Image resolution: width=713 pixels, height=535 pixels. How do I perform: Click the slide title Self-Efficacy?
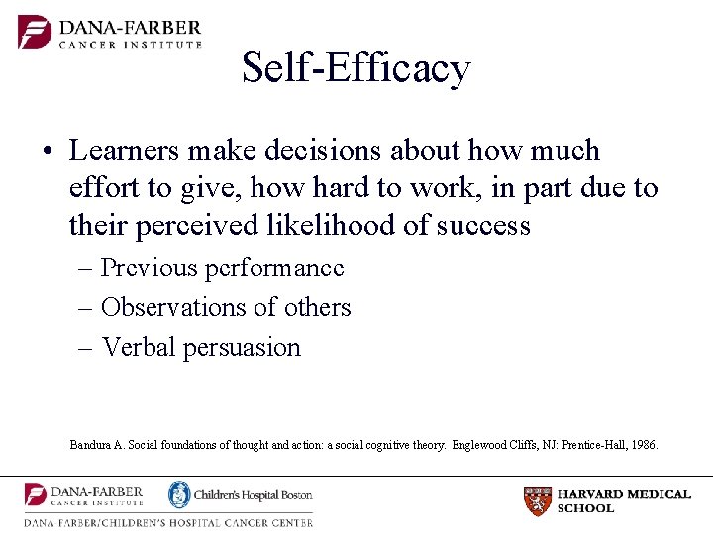pos(356,68)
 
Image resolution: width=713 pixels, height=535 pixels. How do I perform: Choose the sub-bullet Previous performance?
pos(222,268)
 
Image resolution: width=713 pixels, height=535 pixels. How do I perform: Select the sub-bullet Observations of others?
pos(226,308)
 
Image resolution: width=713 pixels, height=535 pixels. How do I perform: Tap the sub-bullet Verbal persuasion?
pos(201,348)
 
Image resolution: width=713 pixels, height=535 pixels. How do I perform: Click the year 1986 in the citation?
pos(640,445)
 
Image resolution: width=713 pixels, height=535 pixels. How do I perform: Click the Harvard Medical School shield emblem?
pos(537,501)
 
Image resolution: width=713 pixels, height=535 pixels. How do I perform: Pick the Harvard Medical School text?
pos(624,501)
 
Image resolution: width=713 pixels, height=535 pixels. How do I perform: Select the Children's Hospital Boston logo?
pos(241,494)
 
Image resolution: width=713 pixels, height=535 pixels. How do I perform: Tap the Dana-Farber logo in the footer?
pos(84,495)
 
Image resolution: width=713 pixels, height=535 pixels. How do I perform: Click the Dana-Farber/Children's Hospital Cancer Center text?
pos(168,522)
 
